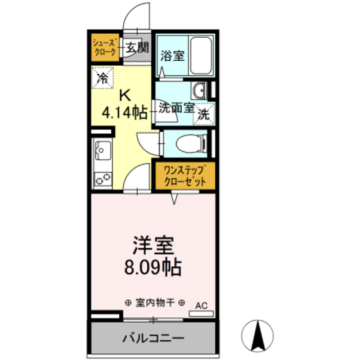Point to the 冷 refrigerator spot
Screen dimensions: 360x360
(103, 76)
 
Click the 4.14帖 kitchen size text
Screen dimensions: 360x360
(124, 112)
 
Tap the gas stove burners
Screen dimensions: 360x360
(103, 179)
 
